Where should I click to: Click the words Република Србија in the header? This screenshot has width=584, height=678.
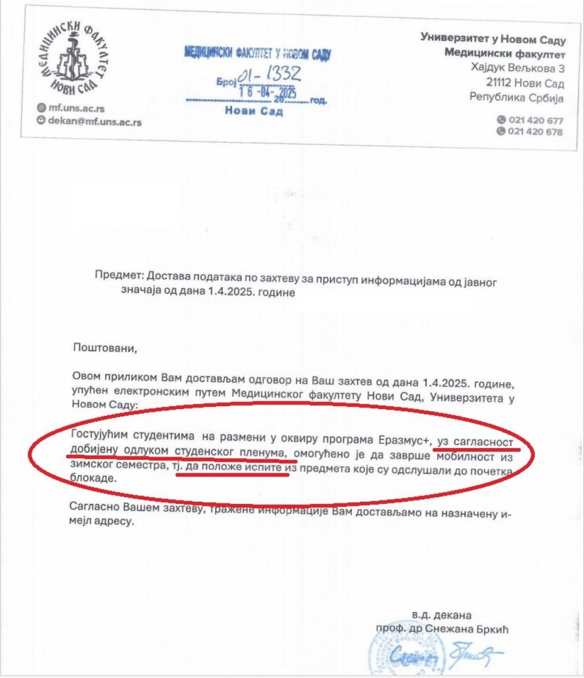point(517,97)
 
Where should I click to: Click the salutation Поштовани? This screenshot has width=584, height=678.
point(105,347)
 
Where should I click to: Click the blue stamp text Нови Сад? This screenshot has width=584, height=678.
point(254,111)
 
